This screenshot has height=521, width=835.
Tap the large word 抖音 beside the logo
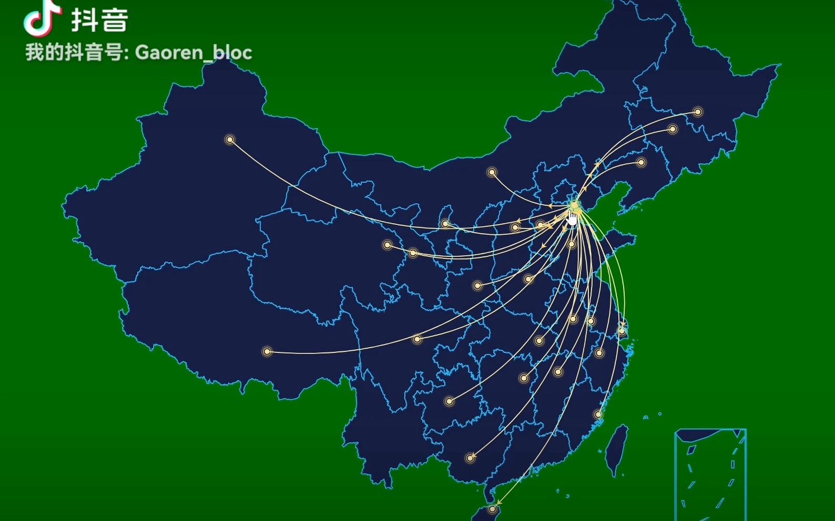pyautogui.click(x=100, y=20)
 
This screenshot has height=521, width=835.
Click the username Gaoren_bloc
pyautogui.click(x=194, y=53)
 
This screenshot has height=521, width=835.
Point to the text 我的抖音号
pyautogui.click(x=74, y=53)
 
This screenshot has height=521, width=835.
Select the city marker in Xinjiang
pyautogui.click(x=230, y=140)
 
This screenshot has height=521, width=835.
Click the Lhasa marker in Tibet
pyautogui.click(x=267, y=351)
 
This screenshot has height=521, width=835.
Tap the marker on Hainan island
pyautogui.click(x=492, y=509)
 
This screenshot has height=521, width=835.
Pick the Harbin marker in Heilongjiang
pyautogui.click(x=698, y=112)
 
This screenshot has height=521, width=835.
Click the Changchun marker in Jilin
pyautogui.click(x=673, y=129)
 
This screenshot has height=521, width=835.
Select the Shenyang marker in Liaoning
pyautogui.click(x=641, y=163)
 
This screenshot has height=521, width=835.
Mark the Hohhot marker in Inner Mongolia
pyautogui.click(x=492, y=172)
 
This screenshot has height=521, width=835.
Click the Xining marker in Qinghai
pyautogui.click(x=388, y=245)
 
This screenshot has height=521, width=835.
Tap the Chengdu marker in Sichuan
pyautogui.click(x=417, y=339)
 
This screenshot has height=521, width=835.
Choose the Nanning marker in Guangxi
pyautogui.click(x=470, y=458)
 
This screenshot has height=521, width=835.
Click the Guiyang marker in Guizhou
pyautogui.click(x=449, y=401)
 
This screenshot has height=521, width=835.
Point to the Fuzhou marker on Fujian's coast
pyautogui.click(x=598, y=414)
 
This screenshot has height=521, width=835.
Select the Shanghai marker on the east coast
pyautogui.click(x=622, y=331)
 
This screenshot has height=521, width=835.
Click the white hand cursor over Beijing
pyautogui.click(x=573, y=218)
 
